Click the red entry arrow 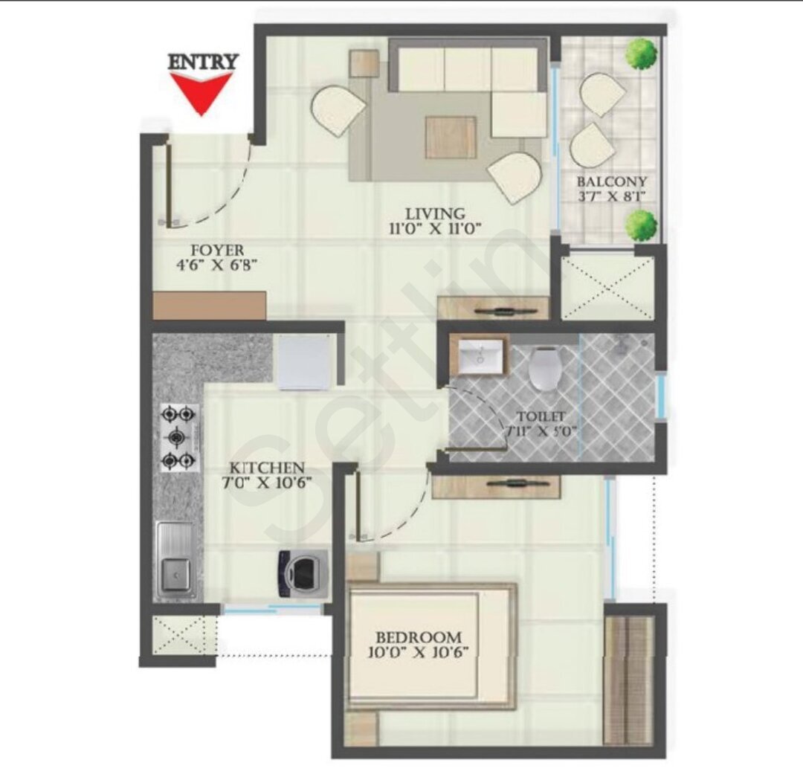coord(201,93)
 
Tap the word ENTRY coord(203,62)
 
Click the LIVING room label coord(435,213)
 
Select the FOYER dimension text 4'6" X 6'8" coord(216,266)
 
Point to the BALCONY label coord(611,181)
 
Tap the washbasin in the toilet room coord(480,355)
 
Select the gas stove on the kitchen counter coord(178,437)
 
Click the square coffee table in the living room coord(451,138)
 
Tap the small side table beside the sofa coord(364,63)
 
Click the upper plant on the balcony coord(641,54)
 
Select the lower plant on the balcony coord(642,225)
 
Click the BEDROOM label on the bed coord(419,638)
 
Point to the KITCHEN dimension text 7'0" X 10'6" coord(267,483)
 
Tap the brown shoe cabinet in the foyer coord(210,306)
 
